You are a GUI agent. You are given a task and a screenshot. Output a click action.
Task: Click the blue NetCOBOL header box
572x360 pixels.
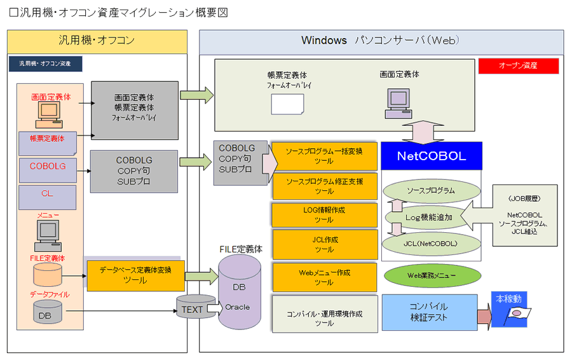[x=431, y=156]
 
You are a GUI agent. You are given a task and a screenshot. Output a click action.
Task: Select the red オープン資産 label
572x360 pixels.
[x=518, y=66]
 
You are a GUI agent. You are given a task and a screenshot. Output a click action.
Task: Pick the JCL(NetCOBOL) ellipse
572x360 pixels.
[x=430, y=244]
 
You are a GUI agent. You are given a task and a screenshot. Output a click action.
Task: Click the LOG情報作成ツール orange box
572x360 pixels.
[x=324, y=215]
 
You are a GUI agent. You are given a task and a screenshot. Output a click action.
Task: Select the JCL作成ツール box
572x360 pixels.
[x=324, y=244]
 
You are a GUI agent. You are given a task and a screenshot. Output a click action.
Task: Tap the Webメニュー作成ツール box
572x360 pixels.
[x=324, y=277]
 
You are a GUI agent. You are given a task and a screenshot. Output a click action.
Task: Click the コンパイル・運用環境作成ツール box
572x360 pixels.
[x=324, y=314]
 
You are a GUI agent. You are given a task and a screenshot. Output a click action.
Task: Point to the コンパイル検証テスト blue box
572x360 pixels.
[x=429, y=312]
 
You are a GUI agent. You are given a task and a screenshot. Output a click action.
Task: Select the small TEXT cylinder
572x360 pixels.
[x=192, y=309]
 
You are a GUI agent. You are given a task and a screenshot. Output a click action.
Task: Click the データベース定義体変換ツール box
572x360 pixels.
[x=135, y=275]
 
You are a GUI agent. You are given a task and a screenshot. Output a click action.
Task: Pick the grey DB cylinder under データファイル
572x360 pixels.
[x=46, y=312]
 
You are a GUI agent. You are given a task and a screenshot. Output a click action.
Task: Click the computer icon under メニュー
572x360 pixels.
[x=46, y=236]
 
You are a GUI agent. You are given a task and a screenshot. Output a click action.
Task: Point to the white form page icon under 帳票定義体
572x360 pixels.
[x=287, y=104]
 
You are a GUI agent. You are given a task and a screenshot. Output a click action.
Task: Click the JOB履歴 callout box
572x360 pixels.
[x=525, y=215]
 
